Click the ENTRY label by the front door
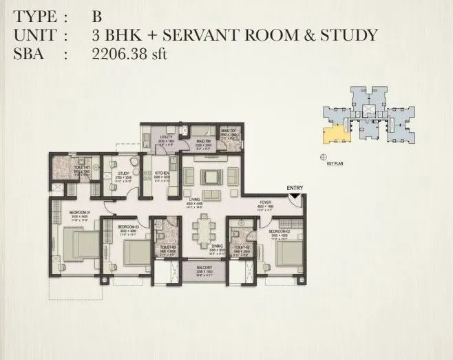click(x=295, y=189)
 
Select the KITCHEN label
click(x=162, y=173)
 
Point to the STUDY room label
click(x=124, y=173)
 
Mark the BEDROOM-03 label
click(x=129, y=227)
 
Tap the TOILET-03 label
click(x=169, y=248)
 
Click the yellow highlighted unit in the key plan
click(x=335, y=132)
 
